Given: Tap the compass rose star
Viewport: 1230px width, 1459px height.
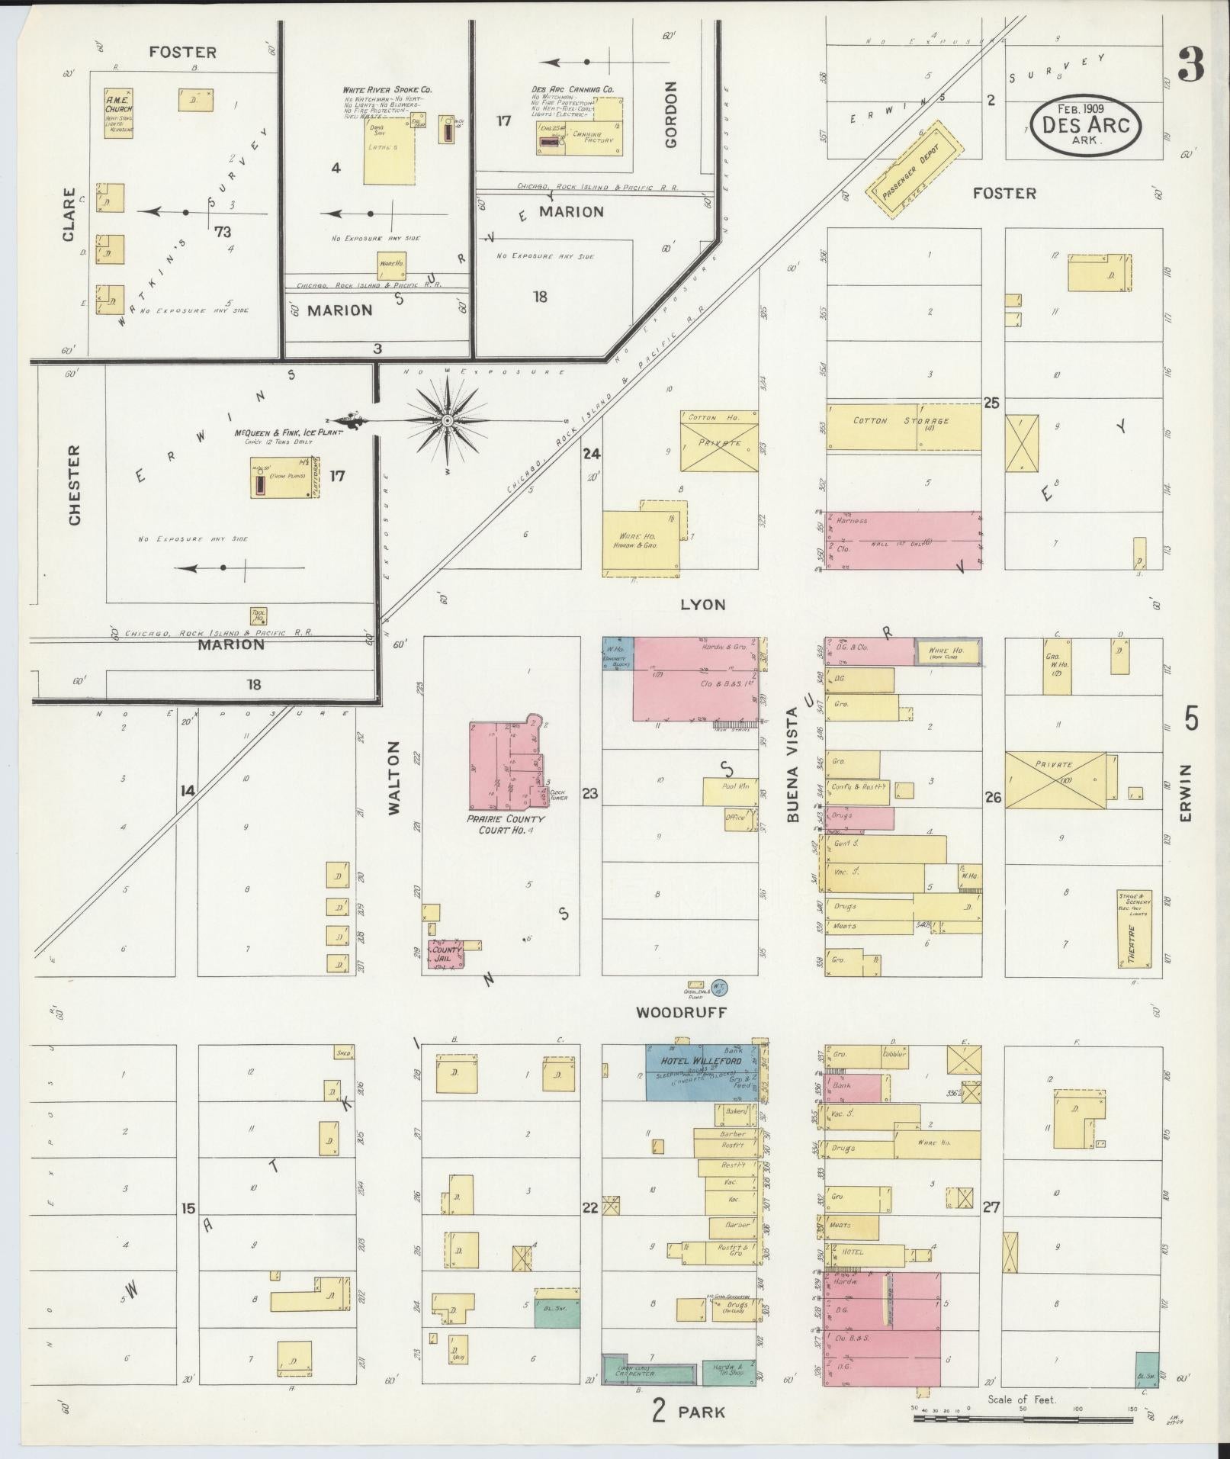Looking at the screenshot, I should (448, 420).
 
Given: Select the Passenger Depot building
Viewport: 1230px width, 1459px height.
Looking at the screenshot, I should (914, 169).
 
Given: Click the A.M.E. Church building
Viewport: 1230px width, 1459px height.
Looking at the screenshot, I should (118, 114).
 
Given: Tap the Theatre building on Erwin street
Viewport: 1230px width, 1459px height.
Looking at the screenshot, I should (1133, 928).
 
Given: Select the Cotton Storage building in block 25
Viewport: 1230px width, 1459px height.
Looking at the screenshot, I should (903, 426).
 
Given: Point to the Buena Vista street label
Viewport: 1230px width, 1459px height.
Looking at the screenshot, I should (792, 764).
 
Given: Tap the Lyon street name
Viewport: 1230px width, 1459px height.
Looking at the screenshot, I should (702, 605).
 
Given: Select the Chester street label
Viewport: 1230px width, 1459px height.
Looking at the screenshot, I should (74, 485).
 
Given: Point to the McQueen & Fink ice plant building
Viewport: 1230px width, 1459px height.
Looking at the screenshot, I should (284, 477).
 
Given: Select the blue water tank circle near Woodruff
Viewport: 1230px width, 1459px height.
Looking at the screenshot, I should (718, 987).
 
